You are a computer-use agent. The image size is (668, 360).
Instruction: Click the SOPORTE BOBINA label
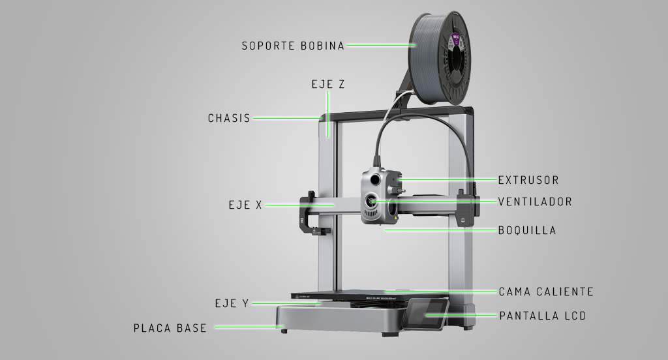(293, 46)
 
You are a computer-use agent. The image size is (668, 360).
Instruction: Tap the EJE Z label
(328, 85)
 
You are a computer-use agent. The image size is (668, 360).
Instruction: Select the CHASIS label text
(229, 119)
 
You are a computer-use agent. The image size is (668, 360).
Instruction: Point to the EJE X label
(245, 205)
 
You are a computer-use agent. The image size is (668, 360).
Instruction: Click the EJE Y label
(232, 303)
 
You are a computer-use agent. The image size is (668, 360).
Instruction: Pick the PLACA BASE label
(170, 328)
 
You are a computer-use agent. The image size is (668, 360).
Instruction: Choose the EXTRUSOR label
(528, 180)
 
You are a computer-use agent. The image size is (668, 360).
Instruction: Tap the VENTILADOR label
(535, 202)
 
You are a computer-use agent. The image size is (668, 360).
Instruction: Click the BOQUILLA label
(527, 230)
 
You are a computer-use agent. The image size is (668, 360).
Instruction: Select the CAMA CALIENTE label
(546, 292)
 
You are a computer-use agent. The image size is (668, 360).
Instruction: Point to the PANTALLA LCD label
(543, 316)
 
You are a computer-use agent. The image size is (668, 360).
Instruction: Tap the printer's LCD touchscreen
(425, 314)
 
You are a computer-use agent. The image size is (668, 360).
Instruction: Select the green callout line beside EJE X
(300, 205)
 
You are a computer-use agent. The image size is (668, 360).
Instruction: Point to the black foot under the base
(284, 331)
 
